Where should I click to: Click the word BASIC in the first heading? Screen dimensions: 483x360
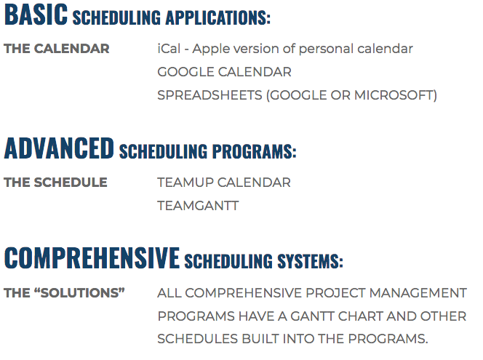(x=36, y=15)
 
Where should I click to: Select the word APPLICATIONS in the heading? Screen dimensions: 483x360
(x=217, y=17)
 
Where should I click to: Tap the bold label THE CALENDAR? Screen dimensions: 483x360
(x=57, y=49)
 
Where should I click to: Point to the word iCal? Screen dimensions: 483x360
(x=169, y=49)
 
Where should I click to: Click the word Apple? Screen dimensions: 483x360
(x=211, y=49)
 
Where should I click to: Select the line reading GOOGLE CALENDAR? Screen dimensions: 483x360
(x=224, y=72)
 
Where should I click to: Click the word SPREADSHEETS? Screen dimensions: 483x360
(x=209, y=95)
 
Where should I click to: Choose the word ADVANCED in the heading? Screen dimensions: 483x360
(x=59, y=148)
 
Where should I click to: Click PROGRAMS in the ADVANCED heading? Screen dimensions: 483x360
(x=254, y=151)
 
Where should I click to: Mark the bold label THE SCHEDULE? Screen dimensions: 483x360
(x=55, y=183)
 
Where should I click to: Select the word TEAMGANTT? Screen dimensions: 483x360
(x=198, y=206)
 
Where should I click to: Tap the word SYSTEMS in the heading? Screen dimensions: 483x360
(x=310, y=261)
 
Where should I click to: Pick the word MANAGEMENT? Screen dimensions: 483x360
(x=418, y=293)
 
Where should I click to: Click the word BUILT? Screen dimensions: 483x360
(x=260, y=339)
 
